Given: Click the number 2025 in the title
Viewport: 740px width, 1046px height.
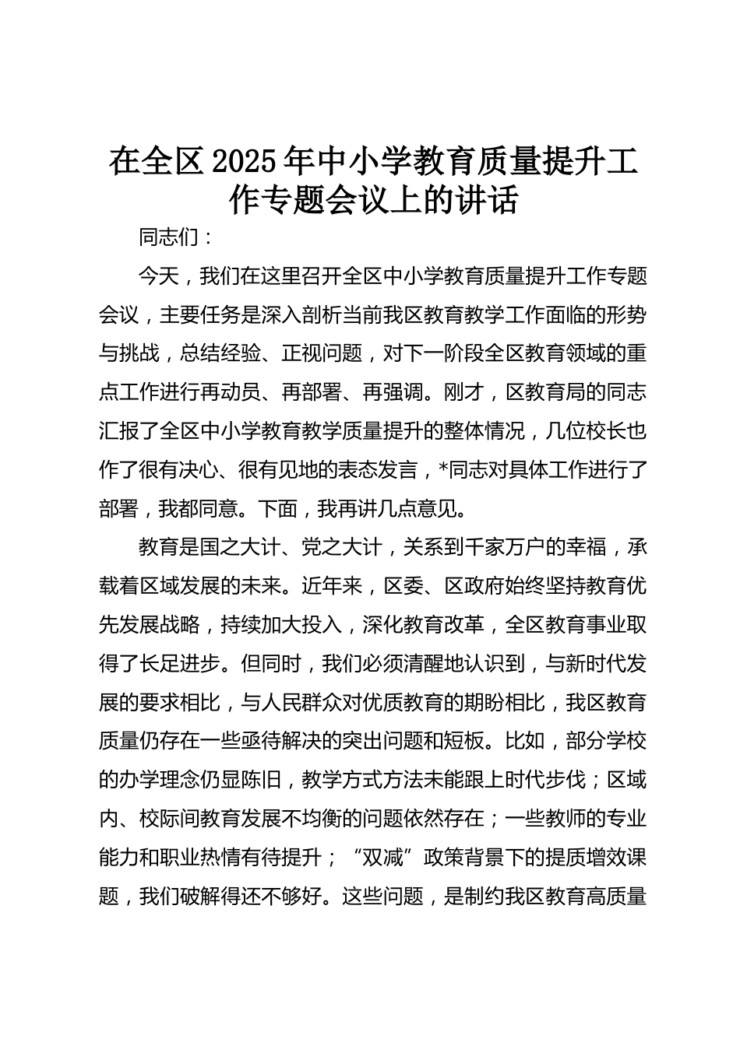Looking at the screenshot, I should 244,161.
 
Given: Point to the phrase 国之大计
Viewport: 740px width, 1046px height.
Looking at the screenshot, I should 240,547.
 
